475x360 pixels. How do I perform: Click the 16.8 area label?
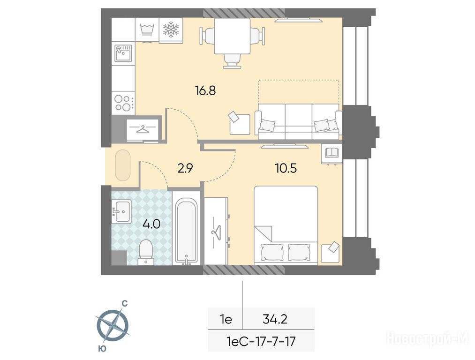[x=205, y=90]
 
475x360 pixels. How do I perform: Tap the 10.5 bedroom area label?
[x=286, y=168]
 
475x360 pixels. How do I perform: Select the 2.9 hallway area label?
[x=185, y=168]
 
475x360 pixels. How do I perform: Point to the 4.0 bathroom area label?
[x=151, y=225]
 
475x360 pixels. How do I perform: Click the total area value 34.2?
[x=275, y=319]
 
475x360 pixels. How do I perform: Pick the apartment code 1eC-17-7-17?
[x=261, y=342]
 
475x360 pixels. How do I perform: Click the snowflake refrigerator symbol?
[x=171, y=30]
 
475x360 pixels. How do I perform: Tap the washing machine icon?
[x=147, y=30]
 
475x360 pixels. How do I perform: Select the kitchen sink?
[x=124, y=52]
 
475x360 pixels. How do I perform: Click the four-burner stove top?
[x=123, y=103]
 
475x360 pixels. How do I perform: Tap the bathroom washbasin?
[x=122, y=211]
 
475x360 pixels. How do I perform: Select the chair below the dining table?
[x=233, y=61]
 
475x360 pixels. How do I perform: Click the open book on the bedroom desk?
[x=332, y=152]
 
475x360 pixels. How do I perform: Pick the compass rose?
[x=113, y=326]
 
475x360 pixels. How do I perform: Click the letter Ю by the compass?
[x=102, y=349]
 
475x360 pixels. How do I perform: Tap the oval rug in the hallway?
[x=123, y=165]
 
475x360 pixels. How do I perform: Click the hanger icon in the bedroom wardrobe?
[x=216, y=232]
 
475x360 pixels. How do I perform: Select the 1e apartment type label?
[x=226, y=319]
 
